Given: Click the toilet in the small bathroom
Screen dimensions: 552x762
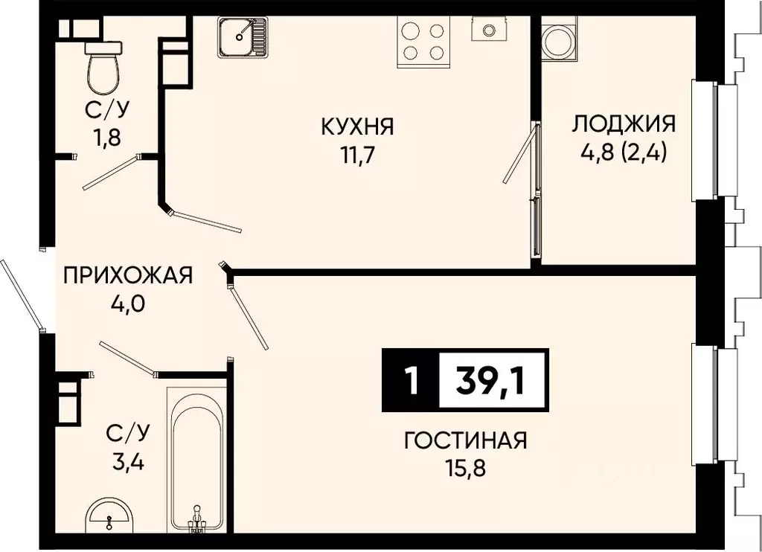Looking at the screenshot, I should click(x=102, y=65).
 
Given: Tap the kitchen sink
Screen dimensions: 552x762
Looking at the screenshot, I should click(x=243, y=36).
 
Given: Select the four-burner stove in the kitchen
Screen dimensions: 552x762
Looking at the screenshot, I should click(x=423, y=40).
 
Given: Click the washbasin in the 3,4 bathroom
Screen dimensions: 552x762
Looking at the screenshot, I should click(x=109, y=516).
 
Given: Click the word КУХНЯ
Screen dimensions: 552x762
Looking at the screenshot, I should click(x=357, y=126).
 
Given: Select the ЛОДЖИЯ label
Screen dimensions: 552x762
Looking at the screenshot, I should click(x=623, y=123).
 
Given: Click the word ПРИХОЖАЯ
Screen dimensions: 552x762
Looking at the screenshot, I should click(x=128, y=275).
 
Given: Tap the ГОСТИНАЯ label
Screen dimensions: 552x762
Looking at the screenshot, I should click(x=465, y=440).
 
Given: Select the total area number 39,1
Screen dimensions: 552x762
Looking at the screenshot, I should click(x=491, y=381).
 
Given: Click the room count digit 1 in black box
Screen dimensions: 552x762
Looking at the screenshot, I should click(x=409, y=381).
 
